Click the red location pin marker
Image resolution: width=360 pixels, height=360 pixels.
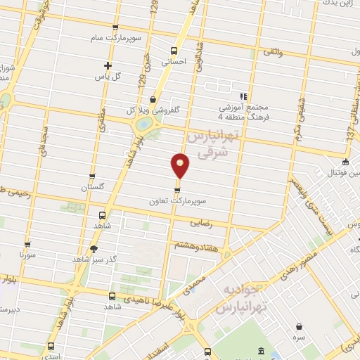coord(181,166)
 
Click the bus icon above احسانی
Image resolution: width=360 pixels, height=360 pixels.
coord(174,50)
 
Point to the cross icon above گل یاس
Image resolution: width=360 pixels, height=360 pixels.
coord(107,65)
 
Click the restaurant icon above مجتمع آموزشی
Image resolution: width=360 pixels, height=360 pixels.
coord(243,96)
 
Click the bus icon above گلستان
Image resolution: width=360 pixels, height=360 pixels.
coord(92,177)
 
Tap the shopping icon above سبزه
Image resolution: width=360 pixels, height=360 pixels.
coord(300,327)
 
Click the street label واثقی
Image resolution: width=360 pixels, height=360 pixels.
coord(272,53)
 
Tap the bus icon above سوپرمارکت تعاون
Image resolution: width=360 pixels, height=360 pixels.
coord(177,190)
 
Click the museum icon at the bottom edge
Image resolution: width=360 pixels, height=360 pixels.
coord(262,351)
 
